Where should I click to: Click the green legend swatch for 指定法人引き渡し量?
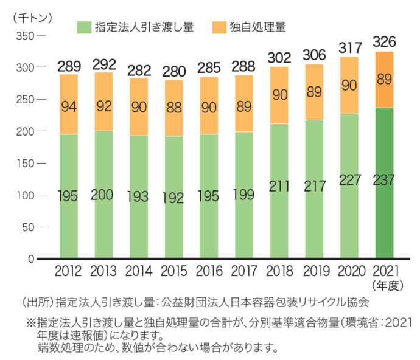pyautogui.click(x=83, y=27)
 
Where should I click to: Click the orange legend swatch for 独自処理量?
pyautogui.click(x=220, y=27)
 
